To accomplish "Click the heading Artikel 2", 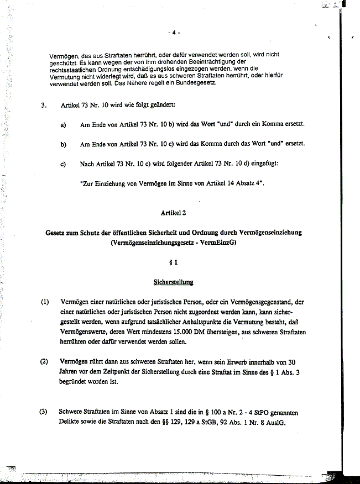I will [174, 212].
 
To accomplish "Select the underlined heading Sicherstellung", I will [173, 282].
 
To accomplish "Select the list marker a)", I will [63, 125].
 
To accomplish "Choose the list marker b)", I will [63, 145].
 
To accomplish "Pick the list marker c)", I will [63, 164].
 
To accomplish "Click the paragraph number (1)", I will [45, 302].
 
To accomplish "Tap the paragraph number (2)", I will [45, 361].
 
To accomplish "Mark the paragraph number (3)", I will [43, 412].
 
